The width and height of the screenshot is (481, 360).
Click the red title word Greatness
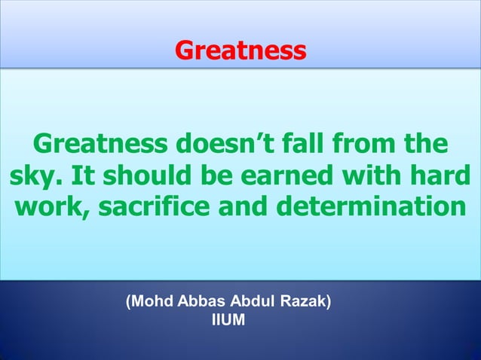240,50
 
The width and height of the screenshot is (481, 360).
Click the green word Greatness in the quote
102,142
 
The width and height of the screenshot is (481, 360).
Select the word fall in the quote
324,142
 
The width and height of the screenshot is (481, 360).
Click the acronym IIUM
229,319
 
